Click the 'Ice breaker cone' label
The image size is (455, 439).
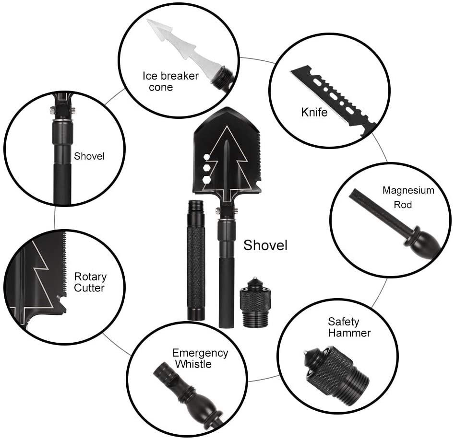(x=170, y=81)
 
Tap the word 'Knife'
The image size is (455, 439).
(x=314, y=113)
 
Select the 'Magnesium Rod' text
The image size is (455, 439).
(x=408, y=197)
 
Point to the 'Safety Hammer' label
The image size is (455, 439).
(x=349, y=327)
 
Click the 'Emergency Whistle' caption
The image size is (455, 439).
(x=200, y=358)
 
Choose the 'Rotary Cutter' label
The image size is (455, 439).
(x=90, y=282)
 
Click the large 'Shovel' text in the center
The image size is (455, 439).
(x=265, y=245)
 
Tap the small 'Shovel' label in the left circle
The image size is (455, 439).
(x=89, y=156)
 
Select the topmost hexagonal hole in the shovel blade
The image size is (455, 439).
(x=206, y=157)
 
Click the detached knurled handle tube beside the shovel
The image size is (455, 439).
(x=196, y=261)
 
